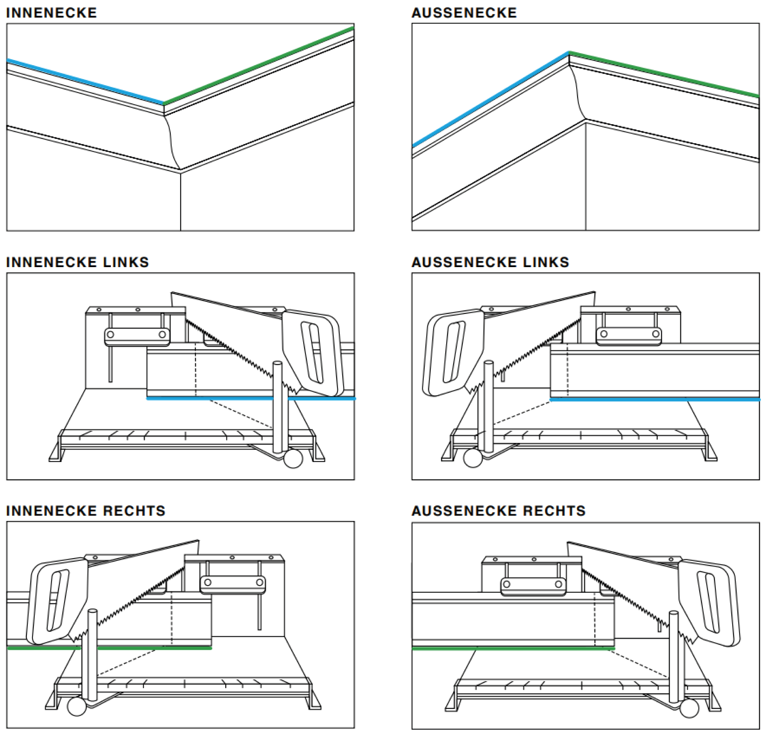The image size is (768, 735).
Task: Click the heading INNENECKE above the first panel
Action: pos(51,13)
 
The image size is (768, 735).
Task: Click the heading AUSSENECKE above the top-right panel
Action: pos(464,13)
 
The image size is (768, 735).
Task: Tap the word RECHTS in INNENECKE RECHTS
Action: pos(134,511)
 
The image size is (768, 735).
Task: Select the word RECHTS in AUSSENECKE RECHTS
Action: pos(555,511)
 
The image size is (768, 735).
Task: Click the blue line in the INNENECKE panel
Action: pos(85,81)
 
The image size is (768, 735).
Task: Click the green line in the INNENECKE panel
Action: pos(259,66)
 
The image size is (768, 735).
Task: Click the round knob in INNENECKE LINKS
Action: pos(293,459)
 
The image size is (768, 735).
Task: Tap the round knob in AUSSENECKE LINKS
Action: pos(472,458)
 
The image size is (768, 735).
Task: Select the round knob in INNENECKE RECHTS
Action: pos(77,707)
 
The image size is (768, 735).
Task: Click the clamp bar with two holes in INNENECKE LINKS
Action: pos(137,335)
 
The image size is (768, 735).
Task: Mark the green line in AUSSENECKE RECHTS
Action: pos(513,649)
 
